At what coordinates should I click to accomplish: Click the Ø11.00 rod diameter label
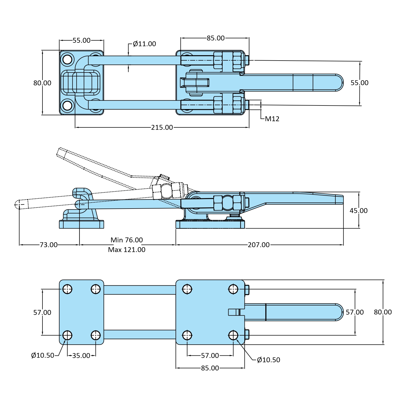pyautogui.click(x=144, y=44)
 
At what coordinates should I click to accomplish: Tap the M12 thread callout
pyautogui.click(x=272, y=119)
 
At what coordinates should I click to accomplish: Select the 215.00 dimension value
pyautogui.click(x=162, y=127)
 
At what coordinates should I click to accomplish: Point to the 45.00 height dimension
pyautogui.click(x=358, y=210)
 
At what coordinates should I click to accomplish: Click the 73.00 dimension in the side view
pyautogui.click(x=49, y=245)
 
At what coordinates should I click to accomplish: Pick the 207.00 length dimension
pyautogui.click(x=259, y=245)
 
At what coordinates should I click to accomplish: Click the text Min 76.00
pyautogui.click(x=127, y=240)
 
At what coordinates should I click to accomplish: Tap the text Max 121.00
pyautogui.click(x=127, y=250)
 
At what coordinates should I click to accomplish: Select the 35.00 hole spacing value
pyautogui.click(x=81, y=355)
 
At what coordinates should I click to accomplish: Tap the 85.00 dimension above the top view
pyautogui.click(x=216, y=38)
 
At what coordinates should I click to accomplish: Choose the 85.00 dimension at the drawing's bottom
pyautogui.click(x=210, y=368)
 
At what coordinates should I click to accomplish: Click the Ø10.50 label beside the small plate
pyautogui.click(x=43, y=355)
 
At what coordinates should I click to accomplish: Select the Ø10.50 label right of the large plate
pyautogui.click(x=268, y=360)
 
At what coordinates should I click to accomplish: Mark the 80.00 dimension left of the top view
pyautogui.click(x=42, y=83)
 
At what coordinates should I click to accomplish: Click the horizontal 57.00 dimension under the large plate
pyautogui.click(x=210, y=355)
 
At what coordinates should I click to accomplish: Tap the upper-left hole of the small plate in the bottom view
pyautogui.click(x=67, y=289)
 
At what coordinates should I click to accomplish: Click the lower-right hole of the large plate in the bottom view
pyautogui.click(x=233, y=335)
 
